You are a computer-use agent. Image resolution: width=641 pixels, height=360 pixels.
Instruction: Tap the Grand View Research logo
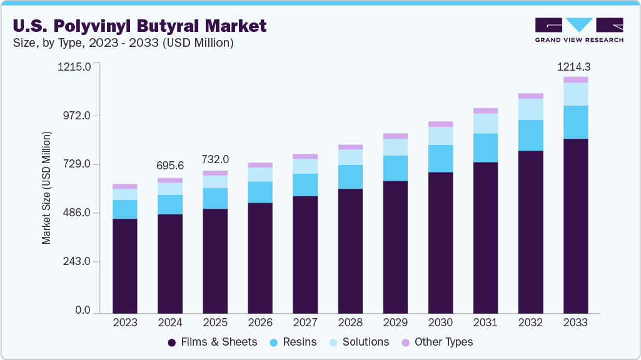579,29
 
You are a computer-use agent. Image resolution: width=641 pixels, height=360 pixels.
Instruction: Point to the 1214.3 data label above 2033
575,66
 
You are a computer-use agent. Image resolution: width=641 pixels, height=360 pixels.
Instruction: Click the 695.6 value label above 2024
170,166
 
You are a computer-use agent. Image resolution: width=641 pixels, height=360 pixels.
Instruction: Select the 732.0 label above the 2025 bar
215,159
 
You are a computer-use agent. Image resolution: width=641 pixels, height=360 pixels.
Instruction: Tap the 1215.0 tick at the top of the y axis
75,66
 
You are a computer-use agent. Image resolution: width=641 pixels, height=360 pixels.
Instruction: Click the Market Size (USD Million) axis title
46,187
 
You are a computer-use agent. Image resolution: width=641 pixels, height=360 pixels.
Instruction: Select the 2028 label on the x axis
350,323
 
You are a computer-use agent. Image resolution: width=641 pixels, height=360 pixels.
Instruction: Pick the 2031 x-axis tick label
485,323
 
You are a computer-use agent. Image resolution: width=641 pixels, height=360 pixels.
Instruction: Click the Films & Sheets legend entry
213,342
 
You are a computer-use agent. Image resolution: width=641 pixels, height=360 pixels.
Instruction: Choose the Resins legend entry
293,342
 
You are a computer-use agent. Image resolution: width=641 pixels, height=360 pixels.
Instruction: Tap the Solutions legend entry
359,342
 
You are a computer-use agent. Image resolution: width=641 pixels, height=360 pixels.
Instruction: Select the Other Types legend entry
437,342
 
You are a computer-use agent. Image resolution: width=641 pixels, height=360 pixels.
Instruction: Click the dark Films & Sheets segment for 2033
575,225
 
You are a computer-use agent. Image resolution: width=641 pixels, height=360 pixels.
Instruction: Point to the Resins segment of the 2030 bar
440,158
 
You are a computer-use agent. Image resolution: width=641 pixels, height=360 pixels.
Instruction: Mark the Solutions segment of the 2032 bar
530,109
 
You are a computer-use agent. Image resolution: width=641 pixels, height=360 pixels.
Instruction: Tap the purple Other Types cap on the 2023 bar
125,186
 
